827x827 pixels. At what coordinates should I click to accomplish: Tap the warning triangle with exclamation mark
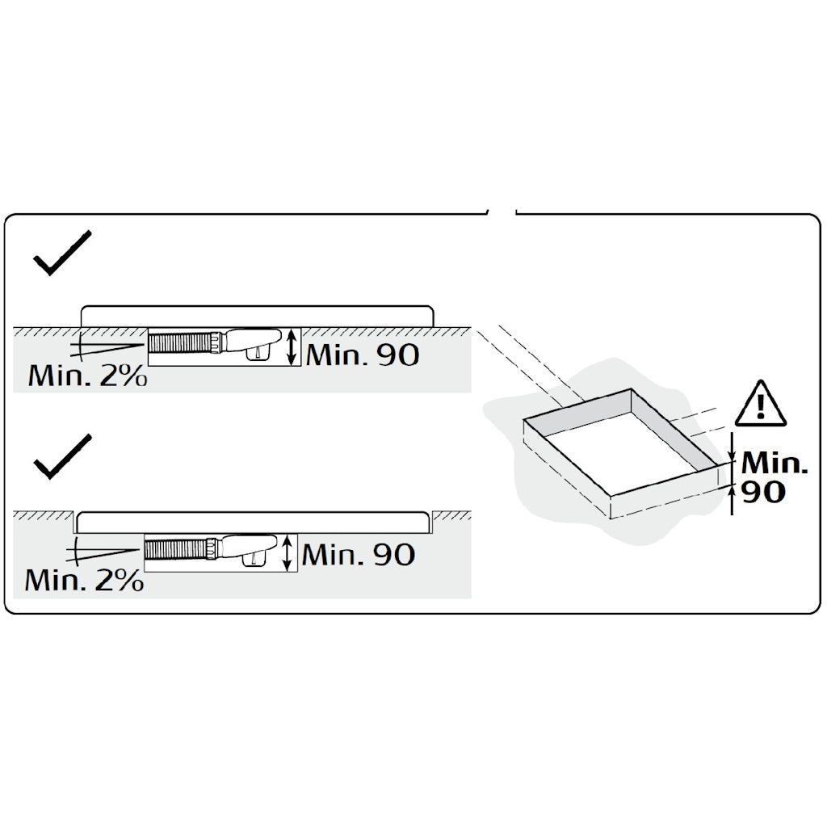point(760,403)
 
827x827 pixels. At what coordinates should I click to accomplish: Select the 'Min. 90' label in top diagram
point(363,355)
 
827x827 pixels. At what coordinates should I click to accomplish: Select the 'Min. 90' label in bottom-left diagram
point(359,554)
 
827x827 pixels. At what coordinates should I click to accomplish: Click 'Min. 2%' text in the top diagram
point(87,376)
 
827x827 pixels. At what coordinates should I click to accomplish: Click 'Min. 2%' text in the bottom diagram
point(84,580)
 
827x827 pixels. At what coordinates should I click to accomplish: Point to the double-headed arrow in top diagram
point(291,346)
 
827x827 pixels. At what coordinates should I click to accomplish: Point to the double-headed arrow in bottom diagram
point(288,552)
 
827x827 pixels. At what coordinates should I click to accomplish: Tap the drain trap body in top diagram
point(253,342)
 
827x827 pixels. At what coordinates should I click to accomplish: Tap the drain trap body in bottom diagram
point(250,549)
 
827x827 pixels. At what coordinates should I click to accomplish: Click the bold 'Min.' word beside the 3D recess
point(775,463)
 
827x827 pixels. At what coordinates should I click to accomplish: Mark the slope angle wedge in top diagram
point(106,346)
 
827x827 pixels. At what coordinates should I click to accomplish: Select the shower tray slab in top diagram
point(258,317)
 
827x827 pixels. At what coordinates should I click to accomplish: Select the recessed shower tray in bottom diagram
point(252,523)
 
